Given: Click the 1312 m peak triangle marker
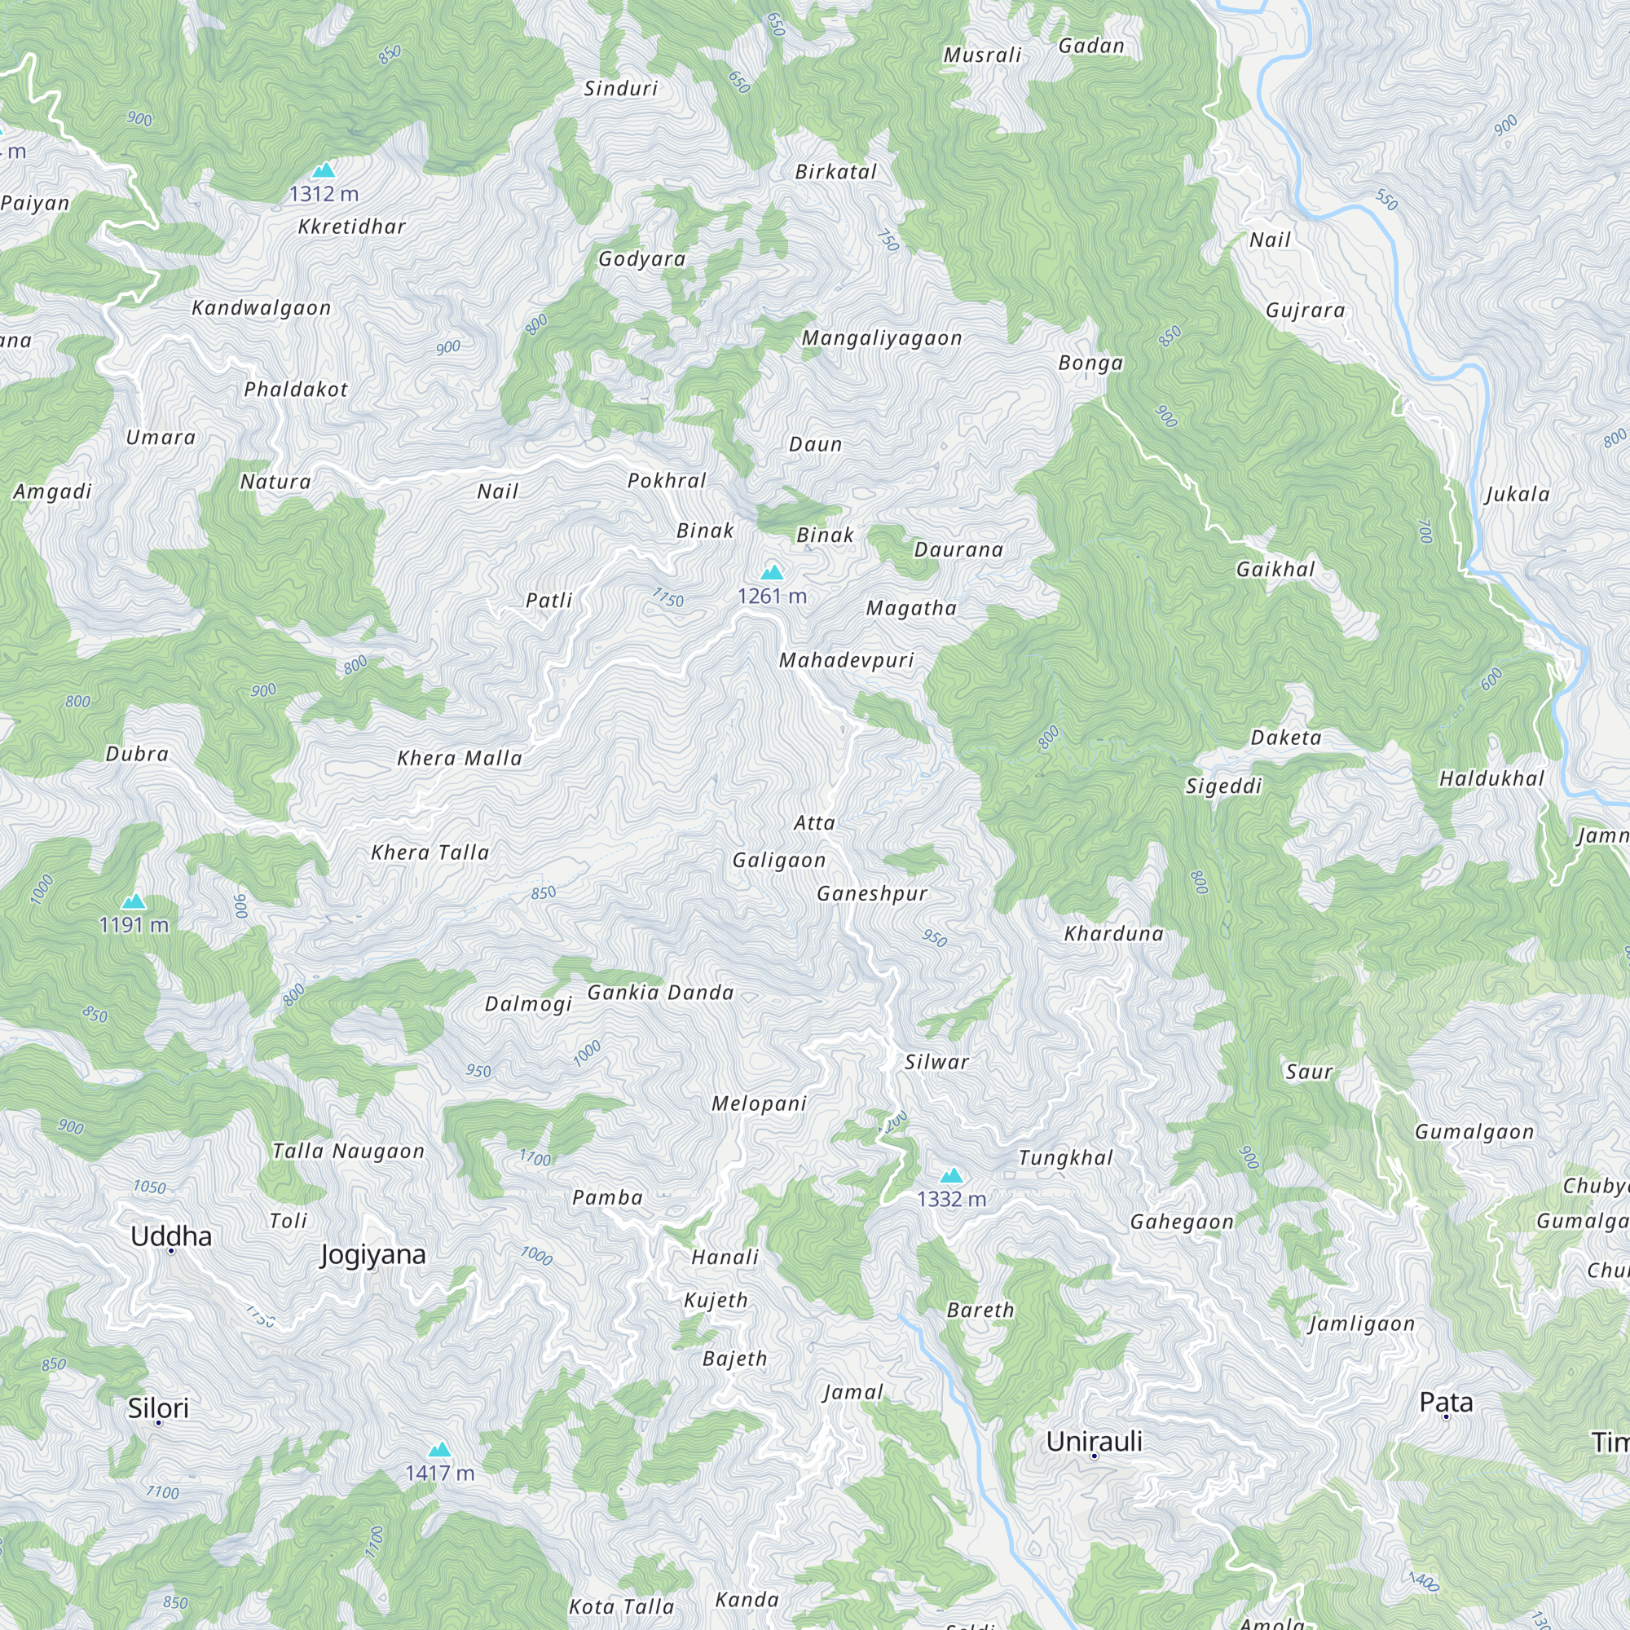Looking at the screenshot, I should [324, 170].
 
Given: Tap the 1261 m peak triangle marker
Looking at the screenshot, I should [772, 573].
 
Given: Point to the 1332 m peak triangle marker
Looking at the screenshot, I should [952, 1175].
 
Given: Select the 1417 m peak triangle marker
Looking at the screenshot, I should [439, 1449].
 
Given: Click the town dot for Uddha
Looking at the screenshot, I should [171, 1250].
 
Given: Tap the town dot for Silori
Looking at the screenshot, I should [159, 1422].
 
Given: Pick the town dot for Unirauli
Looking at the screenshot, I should [1095, 1456].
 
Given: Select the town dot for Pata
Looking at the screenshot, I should [1446, 1416].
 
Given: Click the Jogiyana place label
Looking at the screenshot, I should [373, 1254].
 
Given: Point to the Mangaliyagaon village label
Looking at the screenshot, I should [882, 338].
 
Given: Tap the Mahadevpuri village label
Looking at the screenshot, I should [846, 660].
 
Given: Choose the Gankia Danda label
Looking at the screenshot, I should [661, 992].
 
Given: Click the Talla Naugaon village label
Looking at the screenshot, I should [349, 1151].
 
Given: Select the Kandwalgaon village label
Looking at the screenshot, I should [262, 308].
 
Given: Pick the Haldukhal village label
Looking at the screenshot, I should [1491, 778].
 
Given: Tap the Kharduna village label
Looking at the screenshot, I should [1113, 933].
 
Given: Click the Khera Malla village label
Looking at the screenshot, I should [460, 758].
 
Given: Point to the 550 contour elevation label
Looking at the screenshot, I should [1387, 200].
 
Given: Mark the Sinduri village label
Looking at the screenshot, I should [621, 89].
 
